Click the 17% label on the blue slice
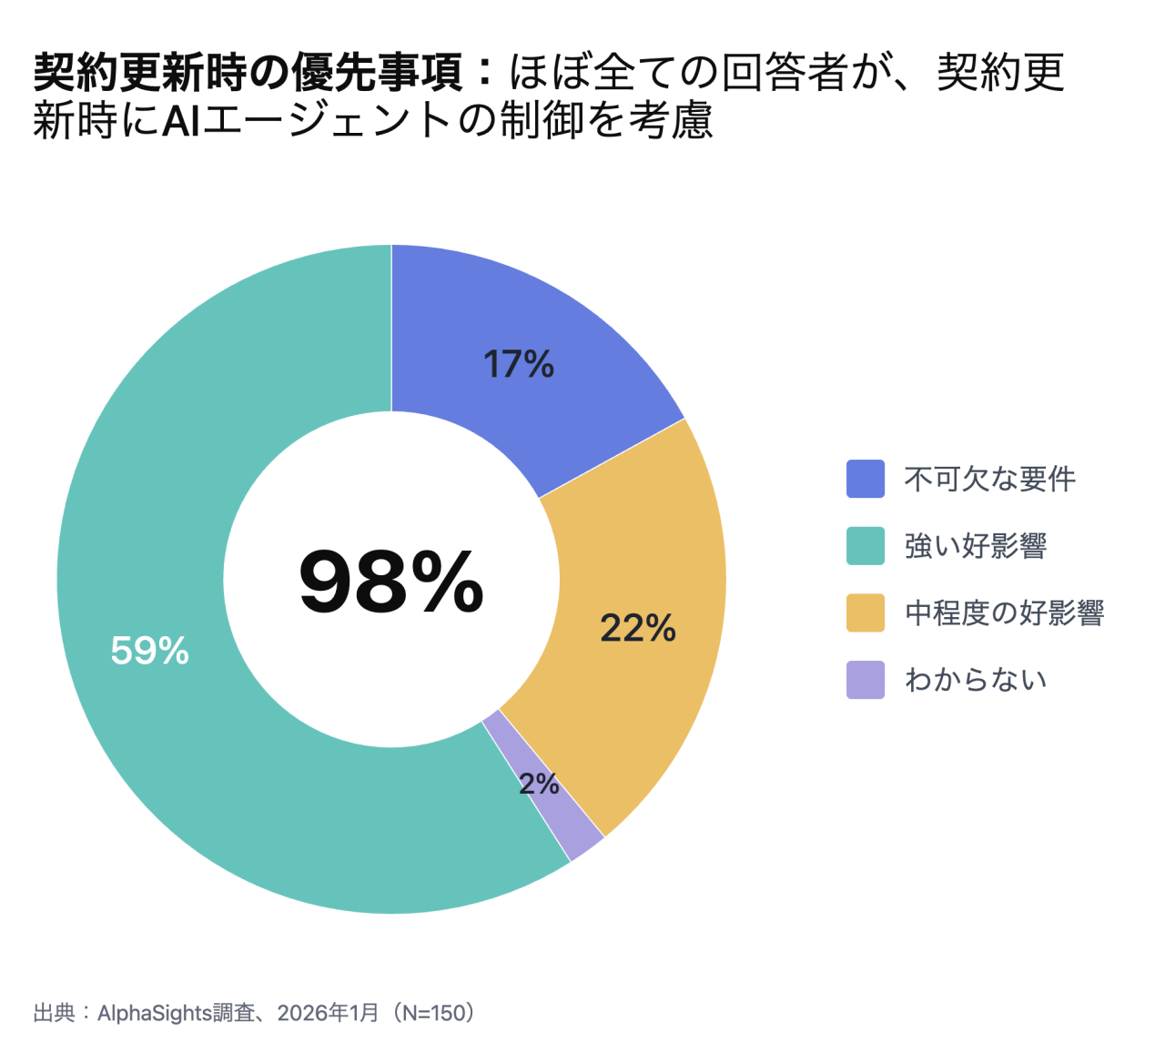tap(519, 365)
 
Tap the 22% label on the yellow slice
tap(638, 628)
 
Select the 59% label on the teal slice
tap(150, 651)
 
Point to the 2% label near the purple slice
tap(539, 783)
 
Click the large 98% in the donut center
tap(391, 582)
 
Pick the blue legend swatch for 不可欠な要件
tap(866, 479)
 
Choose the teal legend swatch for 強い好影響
tap(866, 546)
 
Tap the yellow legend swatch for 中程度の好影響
tap(866, 612)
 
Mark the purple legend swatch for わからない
tap(866, 680)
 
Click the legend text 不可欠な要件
tap(990, 479)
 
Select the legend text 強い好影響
tap(976, 546)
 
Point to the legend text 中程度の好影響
tap(1005, 612)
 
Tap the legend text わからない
tap(976, 680)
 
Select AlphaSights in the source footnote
tap(155, 1013)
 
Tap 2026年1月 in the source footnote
tap(328, 1013)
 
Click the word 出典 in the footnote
tap(55, 1013)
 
